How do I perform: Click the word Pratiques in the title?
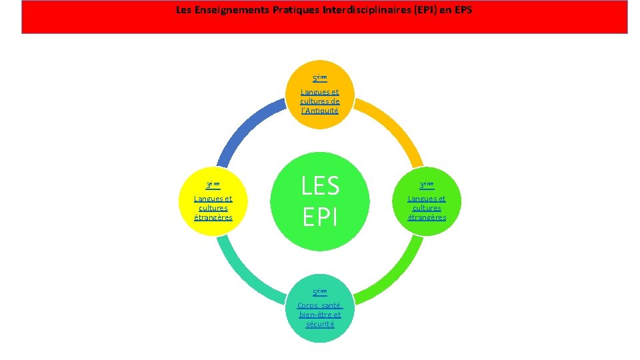click(293, 11)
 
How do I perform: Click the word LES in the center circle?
click(320, 186)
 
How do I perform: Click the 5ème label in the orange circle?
click(320, 77)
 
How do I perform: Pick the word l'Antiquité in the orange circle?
click(320, 111)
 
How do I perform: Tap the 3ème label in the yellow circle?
click(213, 185)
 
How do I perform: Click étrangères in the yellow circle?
click(213, 217)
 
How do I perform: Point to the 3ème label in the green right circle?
click(427, 185)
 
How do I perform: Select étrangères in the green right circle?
click(427, 217)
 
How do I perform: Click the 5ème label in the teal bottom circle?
click(320, 291)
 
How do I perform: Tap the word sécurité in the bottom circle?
click(320, 324)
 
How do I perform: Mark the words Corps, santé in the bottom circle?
click(320, 305)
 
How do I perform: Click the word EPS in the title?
click(462, 11)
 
